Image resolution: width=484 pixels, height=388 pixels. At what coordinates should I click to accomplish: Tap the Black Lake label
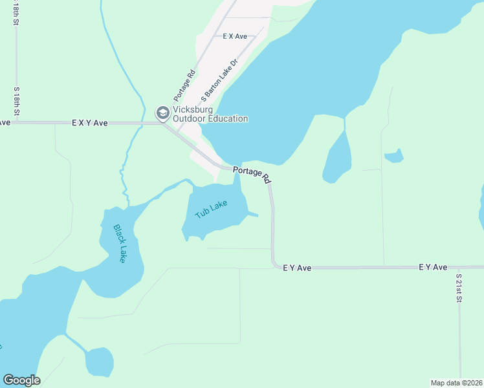coord(120,243)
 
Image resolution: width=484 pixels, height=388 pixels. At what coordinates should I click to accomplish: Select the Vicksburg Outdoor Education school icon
coord(162,113)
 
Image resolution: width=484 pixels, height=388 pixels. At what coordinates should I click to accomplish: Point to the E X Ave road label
coord(235,37)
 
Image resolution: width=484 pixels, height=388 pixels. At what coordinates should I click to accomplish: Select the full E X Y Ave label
coord(89,122)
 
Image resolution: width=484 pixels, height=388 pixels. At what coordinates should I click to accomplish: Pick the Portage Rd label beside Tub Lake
coord(252,173)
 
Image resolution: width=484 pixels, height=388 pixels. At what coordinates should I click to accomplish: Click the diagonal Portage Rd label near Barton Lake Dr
coord(183,84)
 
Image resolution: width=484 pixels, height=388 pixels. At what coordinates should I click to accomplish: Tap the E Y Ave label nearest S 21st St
coord(433,266)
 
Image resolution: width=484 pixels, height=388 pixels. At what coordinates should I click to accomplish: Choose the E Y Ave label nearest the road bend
coord(298,266)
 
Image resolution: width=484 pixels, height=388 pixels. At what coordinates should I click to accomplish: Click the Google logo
coord(21,380)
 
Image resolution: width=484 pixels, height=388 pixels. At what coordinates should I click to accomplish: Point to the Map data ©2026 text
coord(456,383)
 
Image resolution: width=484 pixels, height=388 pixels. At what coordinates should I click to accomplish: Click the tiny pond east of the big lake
coord(393,156)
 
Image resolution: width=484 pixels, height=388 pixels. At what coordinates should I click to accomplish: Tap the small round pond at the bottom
coord(99,361)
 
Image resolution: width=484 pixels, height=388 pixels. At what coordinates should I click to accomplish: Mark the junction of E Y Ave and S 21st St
coord(459,266)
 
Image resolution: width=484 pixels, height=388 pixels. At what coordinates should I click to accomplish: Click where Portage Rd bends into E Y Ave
coord(274,264)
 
